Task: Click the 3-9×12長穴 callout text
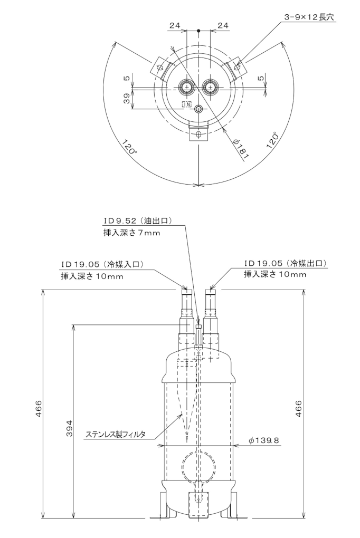(309, 17)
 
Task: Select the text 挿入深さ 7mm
(131, 233)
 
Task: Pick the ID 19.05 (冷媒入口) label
(102, 264)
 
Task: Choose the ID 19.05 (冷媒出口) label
(285, 263)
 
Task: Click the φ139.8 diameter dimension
(264, 440)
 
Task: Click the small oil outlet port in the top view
(198, 109)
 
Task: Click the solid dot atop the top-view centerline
(198, 31)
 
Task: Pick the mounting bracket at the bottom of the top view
(198, 134)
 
